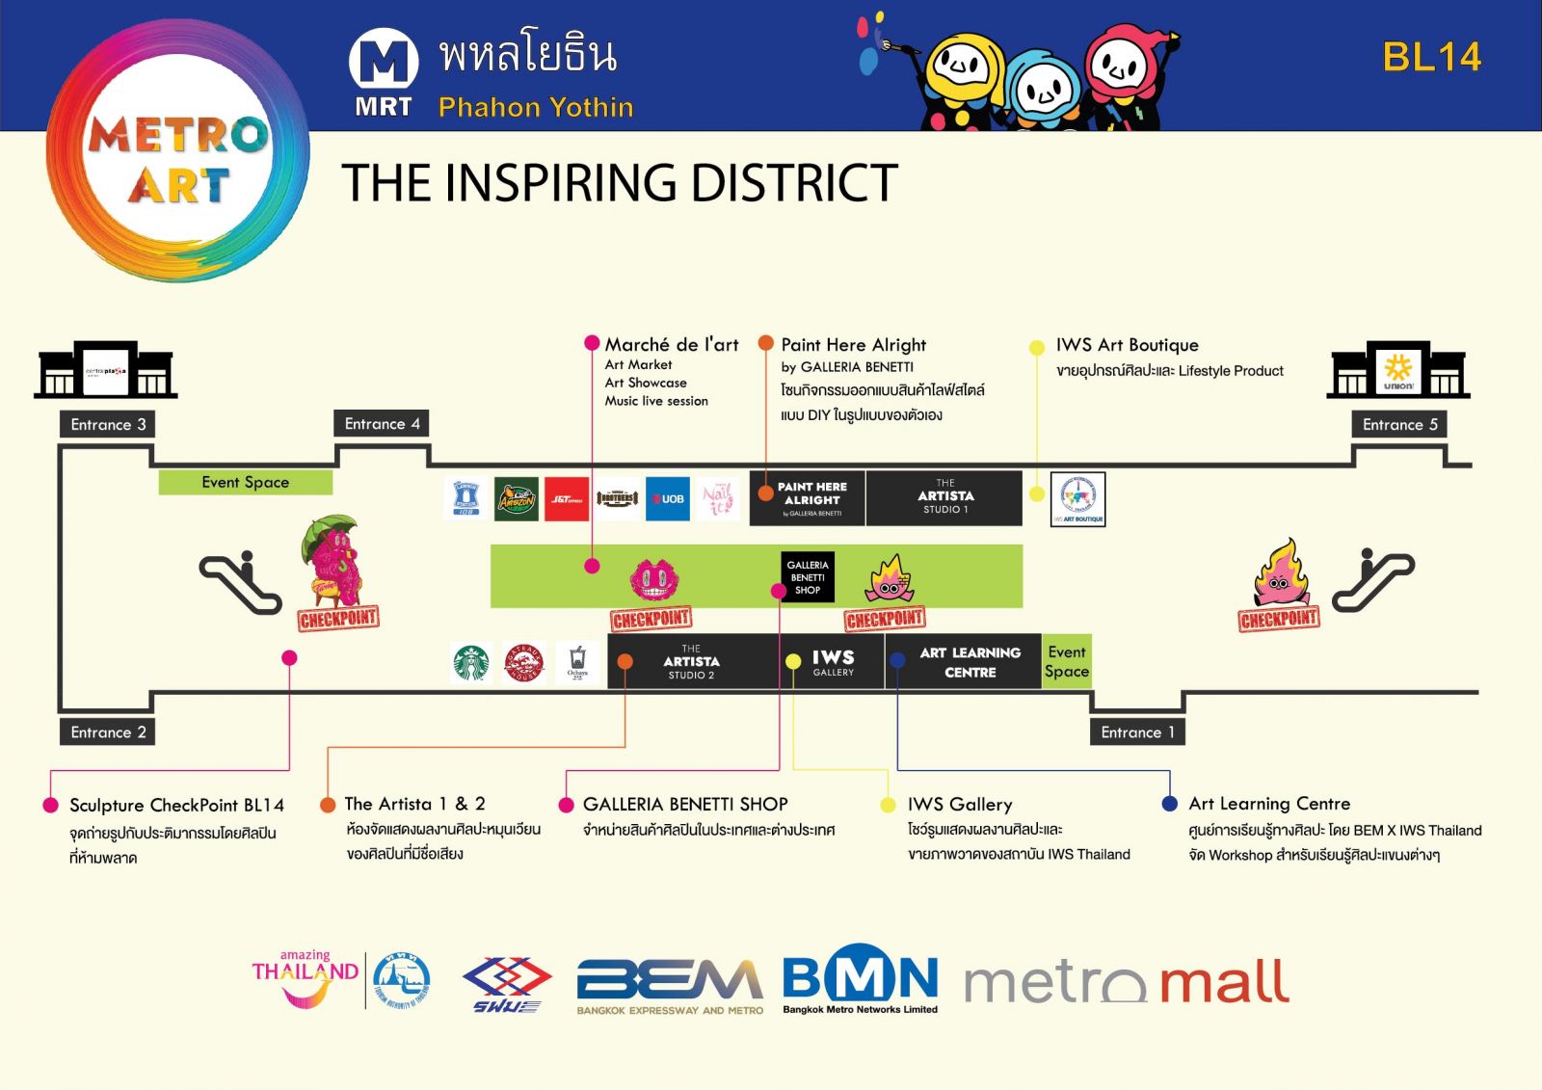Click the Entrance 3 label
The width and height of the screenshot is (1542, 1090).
(x=108, y=425)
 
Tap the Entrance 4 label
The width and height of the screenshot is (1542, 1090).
(x=382, y=424)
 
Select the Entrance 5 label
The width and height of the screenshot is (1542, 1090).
(x=1399, y=425)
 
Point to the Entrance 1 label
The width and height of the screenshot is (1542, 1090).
(x=1137, y=732)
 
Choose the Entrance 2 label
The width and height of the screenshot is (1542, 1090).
(x=108, y=732)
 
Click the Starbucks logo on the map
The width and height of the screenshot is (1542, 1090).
(x=471, y=663)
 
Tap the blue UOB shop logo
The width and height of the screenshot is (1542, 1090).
(x=668, y=499)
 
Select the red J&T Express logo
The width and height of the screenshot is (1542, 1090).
(x=567, y=499)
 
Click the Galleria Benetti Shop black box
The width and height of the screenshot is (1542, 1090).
(x=808, y=577)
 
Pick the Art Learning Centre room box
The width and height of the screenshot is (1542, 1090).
(x=969, y=662)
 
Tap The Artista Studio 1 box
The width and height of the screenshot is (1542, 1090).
(x=944, y=497)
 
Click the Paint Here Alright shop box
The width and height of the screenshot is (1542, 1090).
(x=811, y=497)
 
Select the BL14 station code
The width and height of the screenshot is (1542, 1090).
(x=1431, y=58)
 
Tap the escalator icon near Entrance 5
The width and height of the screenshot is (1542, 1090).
(x=1372, y=580)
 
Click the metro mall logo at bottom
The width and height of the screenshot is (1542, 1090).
(x=1127, y=982)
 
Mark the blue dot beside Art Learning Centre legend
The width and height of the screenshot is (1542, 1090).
(x=1170, y=804)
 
